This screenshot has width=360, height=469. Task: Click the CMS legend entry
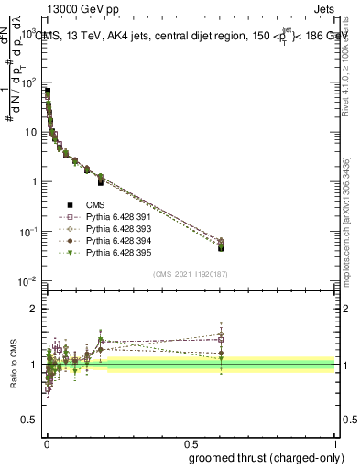(x=96, y=205)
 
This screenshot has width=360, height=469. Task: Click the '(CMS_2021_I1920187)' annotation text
(x=190, y=274)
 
